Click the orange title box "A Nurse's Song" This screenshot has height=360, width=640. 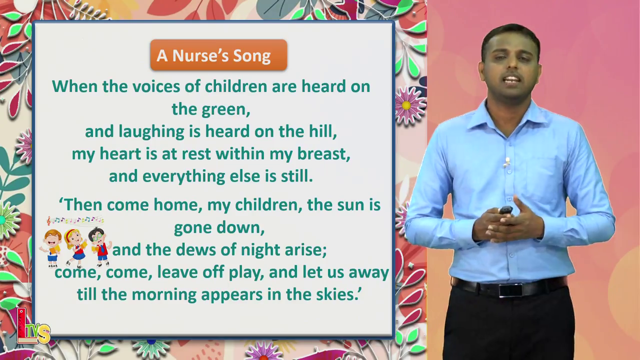pos(218,55)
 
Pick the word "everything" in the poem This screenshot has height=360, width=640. pos(183,176)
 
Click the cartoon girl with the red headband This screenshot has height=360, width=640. pos(75,247)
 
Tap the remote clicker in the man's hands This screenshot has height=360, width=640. pos(506,210)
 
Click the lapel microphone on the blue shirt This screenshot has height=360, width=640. pos(507,162)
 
